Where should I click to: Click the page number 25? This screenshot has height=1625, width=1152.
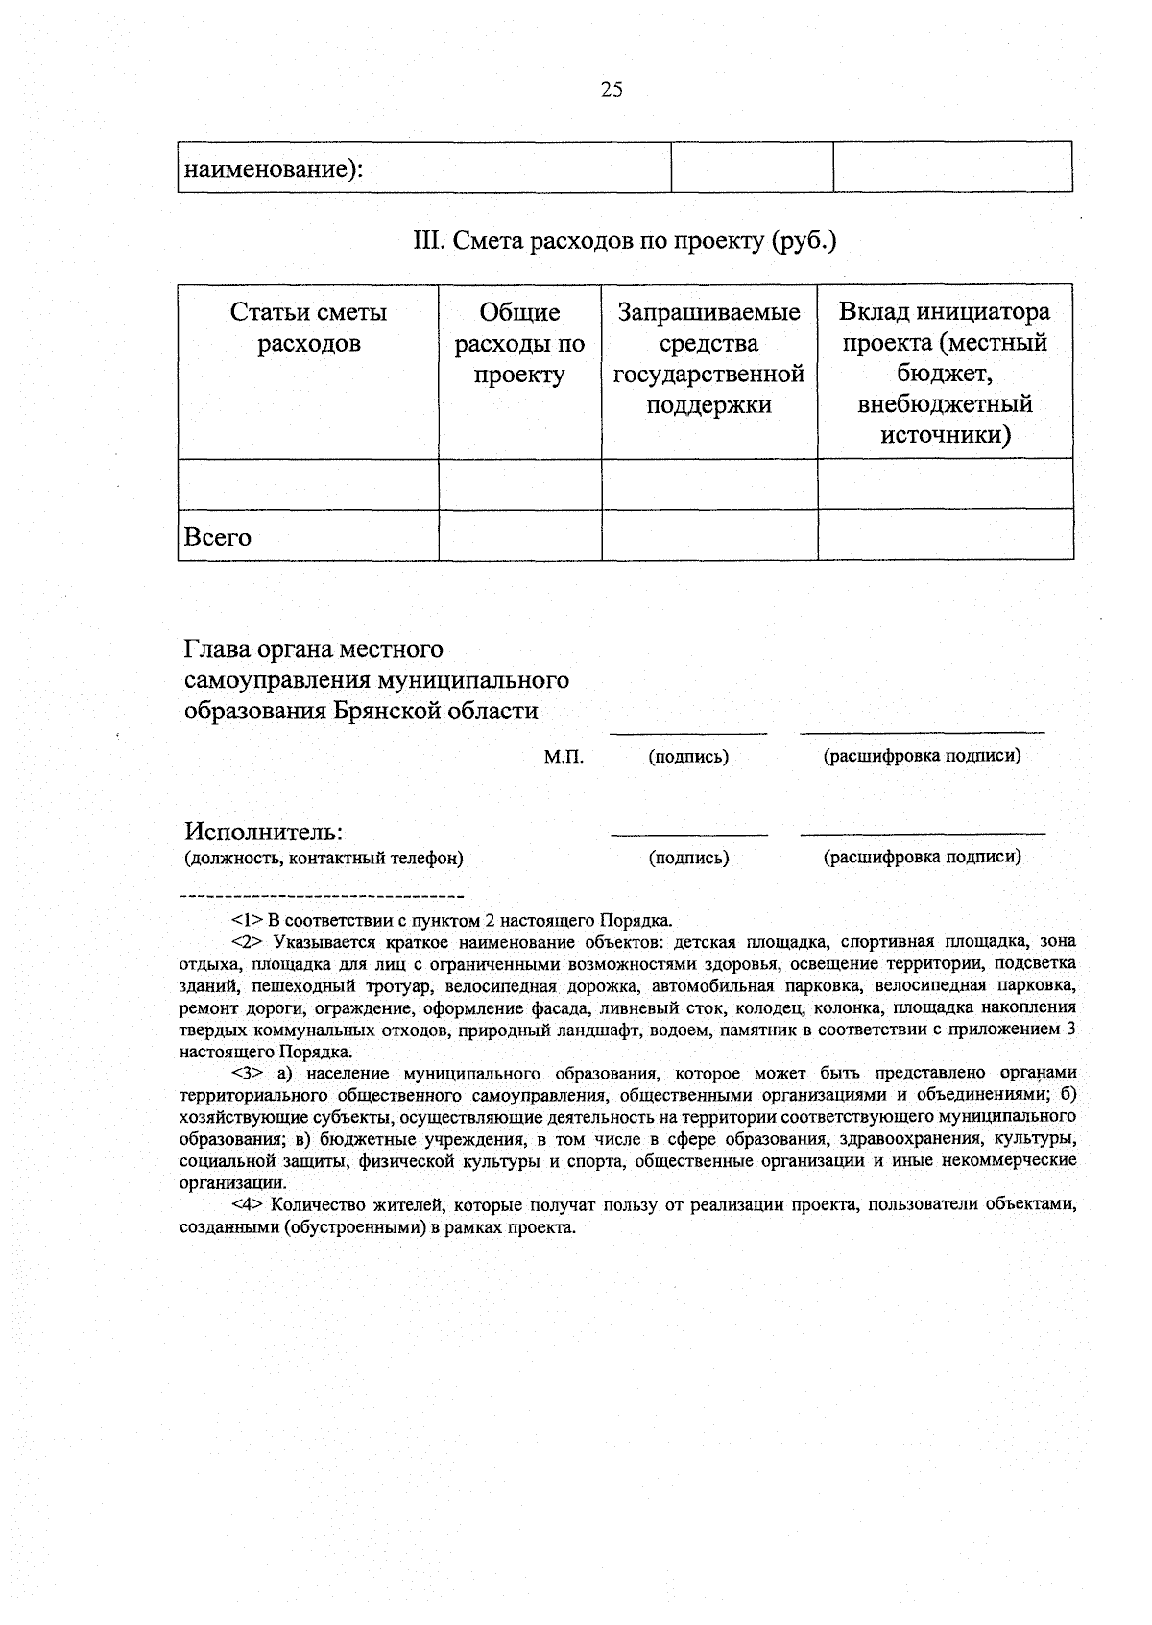click(612, 90)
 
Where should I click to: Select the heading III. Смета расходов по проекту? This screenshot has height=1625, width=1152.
click(625, 240)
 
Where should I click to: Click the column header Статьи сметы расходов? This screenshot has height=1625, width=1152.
click(308, 327)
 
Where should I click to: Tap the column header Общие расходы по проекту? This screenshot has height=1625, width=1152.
click(519, 343)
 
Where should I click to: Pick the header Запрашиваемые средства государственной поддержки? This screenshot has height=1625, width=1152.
click(708, 358)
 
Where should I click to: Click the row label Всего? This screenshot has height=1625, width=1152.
click(218, 538)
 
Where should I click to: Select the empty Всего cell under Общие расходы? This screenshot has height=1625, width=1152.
click(519, 535)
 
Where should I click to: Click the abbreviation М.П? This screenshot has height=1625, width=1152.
click(564, 757)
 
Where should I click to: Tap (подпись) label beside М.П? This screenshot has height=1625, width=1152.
click(688, 757)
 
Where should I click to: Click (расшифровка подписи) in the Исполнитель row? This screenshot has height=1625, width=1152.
click(922, 857)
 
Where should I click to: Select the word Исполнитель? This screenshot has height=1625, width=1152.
click(264, 831)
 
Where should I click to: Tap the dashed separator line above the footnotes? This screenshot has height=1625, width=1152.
click(323, 897)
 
